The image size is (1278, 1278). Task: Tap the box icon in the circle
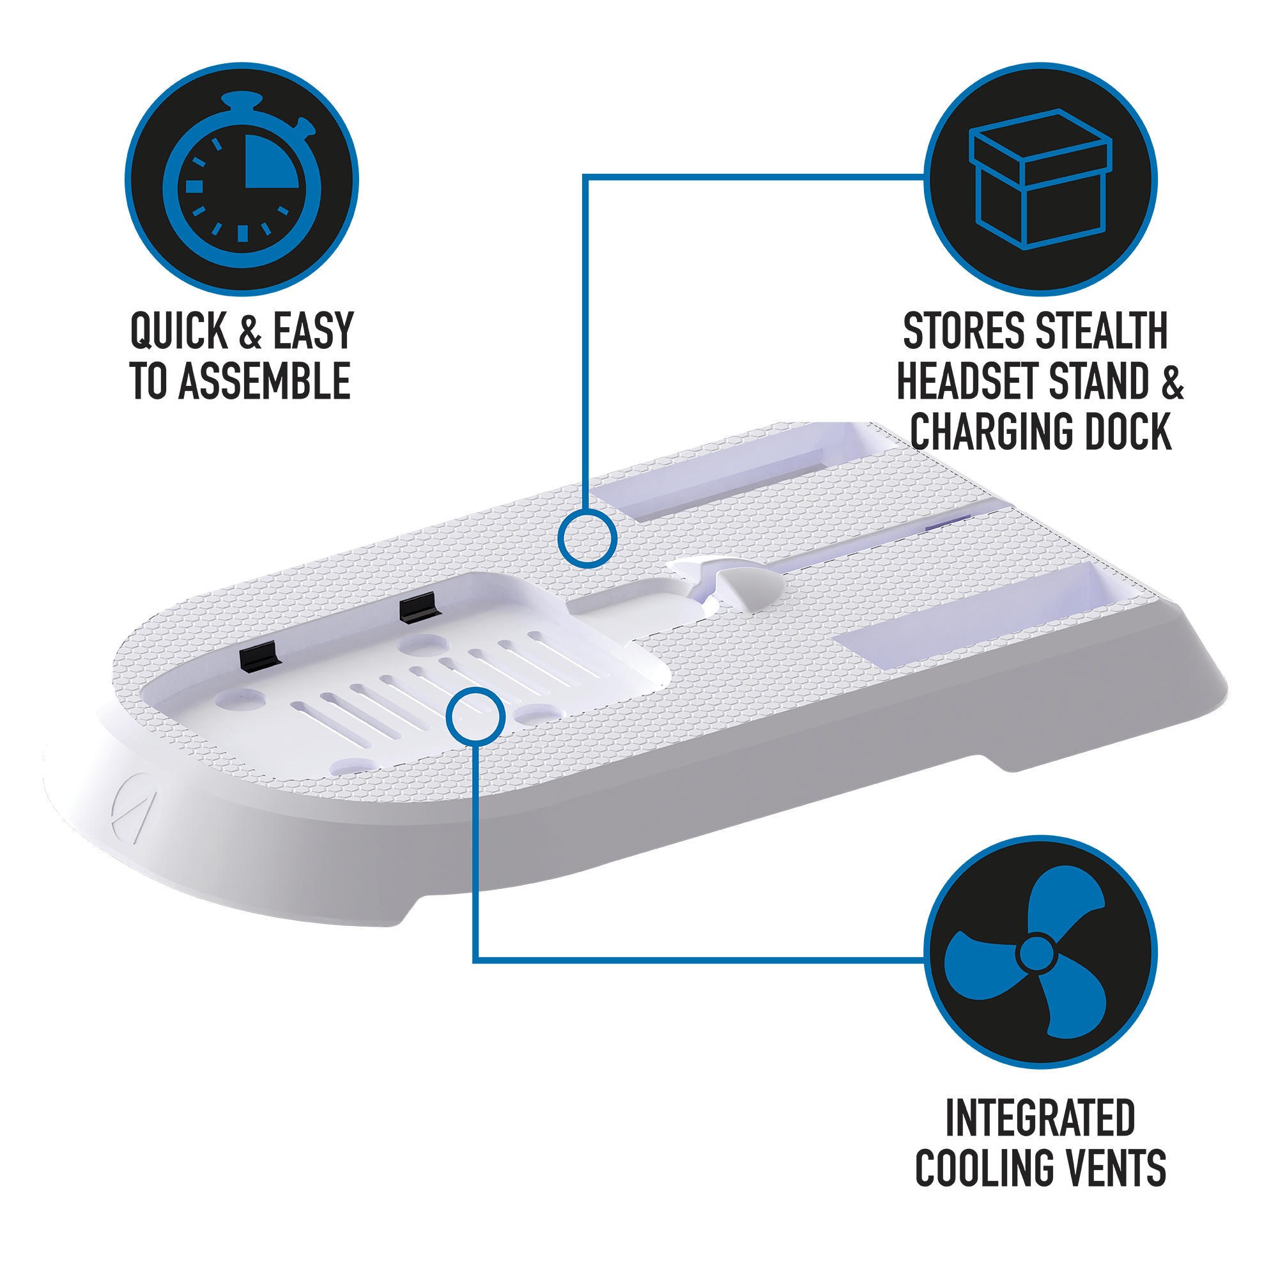click(x=1040, y=180)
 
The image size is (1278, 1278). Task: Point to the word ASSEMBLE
click(x=265, y=381)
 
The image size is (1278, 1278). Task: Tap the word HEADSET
click(x=969, y=381)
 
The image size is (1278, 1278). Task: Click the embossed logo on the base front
click(x=135, y=808)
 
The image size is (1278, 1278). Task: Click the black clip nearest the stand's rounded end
click(x=261, y=656)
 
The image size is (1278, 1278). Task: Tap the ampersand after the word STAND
click(x=1171, y=381)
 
